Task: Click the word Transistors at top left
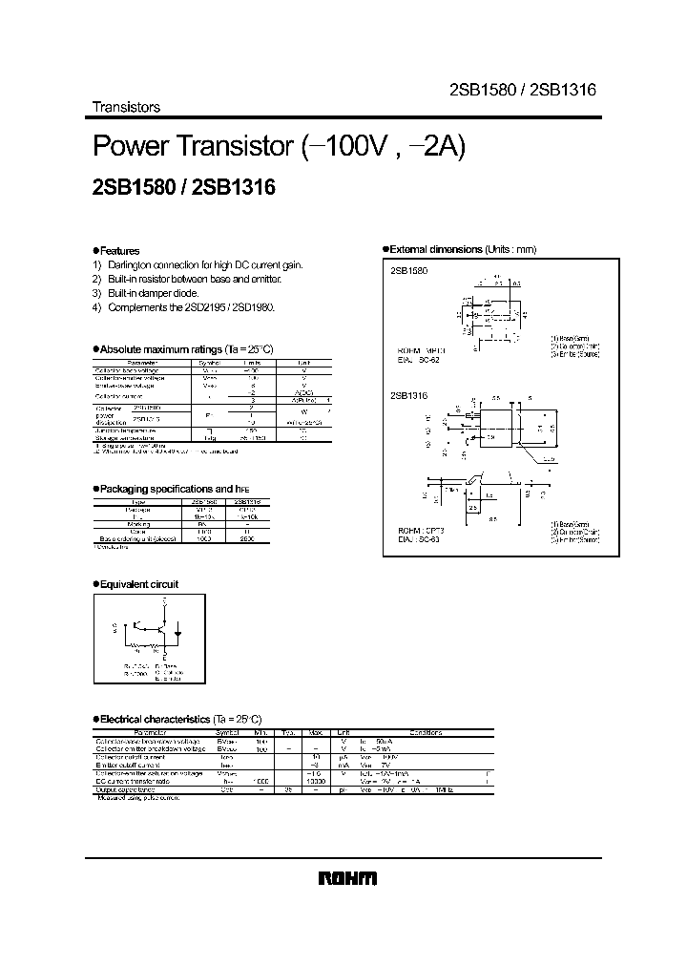125,107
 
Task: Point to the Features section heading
118,250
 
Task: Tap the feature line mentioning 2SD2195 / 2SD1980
191,308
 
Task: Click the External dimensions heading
462,249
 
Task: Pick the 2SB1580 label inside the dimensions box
409,272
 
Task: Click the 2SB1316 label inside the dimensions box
409,392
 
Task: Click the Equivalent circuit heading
138,584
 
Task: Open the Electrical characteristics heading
179,718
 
